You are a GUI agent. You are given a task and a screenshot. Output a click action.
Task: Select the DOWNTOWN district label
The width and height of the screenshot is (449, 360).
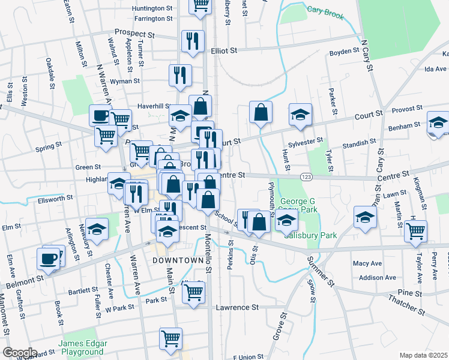178,260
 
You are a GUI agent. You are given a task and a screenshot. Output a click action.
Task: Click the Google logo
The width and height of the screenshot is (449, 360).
20,352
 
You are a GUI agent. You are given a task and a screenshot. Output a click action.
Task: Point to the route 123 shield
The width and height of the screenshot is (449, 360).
306,177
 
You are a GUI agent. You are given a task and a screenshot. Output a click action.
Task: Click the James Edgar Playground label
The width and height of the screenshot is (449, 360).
82,348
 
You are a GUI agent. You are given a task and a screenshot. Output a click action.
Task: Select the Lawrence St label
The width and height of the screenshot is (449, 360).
237,307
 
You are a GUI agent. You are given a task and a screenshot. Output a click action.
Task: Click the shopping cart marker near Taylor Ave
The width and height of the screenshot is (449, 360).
415,230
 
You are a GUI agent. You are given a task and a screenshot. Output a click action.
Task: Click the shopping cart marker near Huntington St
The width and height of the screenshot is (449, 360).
200,5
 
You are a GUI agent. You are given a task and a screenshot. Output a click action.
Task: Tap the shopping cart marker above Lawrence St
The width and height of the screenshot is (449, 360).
194,292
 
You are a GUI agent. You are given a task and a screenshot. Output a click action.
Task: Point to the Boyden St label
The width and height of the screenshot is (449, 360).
344,52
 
